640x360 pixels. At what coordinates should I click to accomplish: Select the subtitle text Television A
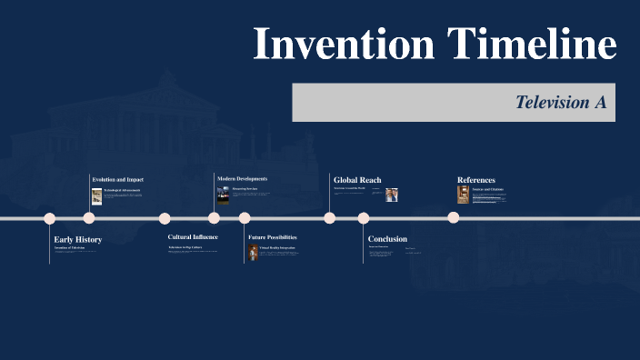(560, 103)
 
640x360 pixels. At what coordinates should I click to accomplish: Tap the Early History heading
(78, 239)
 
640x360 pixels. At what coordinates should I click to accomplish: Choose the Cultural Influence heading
(193, 237)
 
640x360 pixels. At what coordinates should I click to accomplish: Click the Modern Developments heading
(243, 179)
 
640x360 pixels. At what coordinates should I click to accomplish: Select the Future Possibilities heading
(273, 237)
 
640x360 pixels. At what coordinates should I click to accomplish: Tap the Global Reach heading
(357, 180)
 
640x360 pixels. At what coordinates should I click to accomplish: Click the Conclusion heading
(387, 239)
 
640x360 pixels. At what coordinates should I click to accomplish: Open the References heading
(476, 180)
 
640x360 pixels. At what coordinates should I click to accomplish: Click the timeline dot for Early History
(50, 218)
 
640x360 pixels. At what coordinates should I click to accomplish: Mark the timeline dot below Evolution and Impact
(89, 218)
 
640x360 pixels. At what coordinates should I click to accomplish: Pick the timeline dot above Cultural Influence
(165, 218)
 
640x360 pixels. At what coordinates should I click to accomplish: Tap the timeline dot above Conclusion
(364, 218)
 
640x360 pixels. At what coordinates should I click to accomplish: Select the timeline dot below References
(454, 218)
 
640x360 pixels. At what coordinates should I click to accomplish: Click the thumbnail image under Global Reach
(391, 195)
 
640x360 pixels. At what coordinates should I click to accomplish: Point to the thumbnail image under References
(464, 195)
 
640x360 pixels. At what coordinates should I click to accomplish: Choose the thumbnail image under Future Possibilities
(254, 252)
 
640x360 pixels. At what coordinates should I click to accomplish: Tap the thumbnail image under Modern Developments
(223, 195)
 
